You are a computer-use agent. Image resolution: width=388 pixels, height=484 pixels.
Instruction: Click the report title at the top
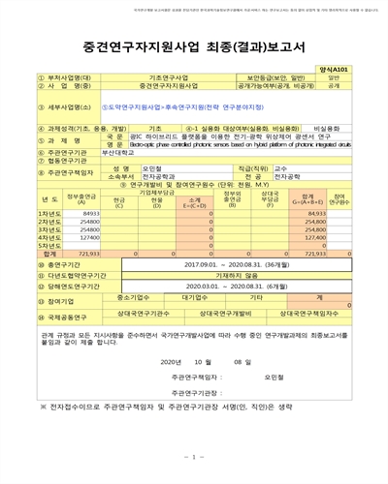click(x=194, y=45)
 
